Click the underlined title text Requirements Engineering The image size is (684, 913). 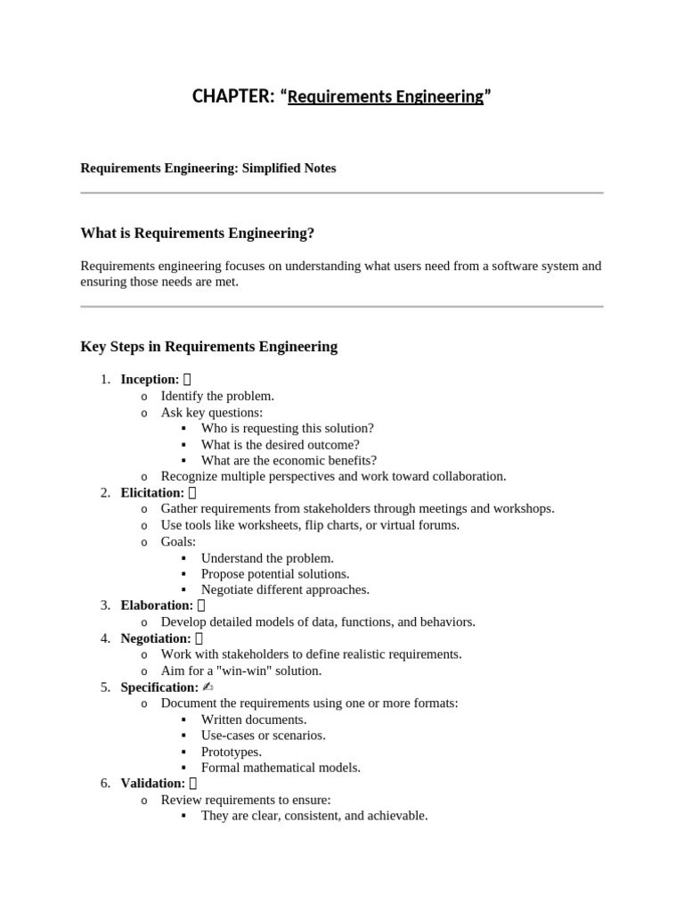pyautogui.click(x=385, y=96)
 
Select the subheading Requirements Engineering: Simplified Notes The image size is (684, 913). pyautogui.click(x=208, y=168)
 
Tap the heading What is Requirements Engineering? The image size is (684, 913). pyautogui.click(x=197, y=234)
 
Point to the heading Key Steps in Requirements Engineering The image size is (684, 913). pyautogui.click(x=208, y=347)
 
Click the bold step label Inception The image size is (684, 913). pyautogui.click(x=150, y=380)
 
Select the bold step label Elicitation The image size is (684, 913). pyautogui.click(x=152, y=492)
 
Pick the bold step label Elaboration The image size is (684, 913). pyautogui.click(x=157, y=605)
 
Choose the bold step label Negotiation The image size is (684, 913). pyautogui.click(x=156, y=638)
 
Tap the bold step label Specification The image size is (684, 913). pyautogui.click(x=159, y=687)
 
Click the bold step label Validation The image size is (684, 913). pyautogui.click(x=152, y=784)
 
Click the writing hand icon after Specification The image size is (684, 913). pyautogui.click(x=208, y=687)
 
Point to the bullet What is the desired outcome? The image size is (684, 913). pyautogui.click(x=280, y=444)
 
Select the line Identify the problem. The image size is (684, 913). pyautogui.click(x=217, y=396)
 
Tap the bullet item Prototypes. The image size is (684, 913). pyautogui.click(x=231, y=752)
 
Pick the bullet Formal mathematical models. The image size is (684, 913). pyautogui.click(x=281, y=768)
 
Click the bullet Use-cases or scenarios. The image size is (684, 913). pyautogui.click(x=263, y=736)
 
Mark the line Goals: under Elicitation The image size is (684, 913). pyautogui.click(x=178, y=541)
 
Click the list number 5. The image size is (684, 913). pyautogui.click(x=105, y=687)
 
